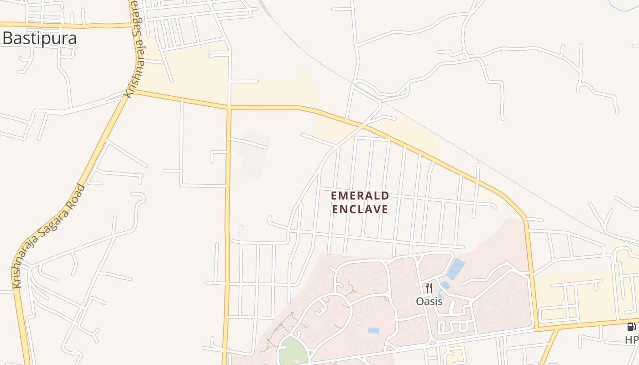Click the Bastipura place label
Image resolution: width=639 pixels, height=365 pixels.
tap(39, 38)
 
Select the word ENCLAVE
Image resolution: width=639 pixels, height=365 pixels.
tap(360, 209)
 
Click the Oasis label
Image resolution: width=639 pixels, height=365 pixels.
tap(429, 302)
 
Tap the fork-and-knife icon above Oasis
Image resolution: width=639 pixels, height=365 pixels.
tap(429, 288)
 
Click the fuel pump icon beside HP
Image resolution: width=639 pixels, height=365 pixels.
tap(631, 326)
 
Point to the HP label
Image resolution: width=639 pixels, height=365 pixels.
tap(632, 340)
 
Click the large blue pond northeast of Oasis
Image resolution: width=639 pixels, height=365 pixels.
tap(456, 269)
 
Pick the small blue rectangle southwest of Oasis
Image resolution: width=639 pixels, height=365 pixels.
tap(373, 330)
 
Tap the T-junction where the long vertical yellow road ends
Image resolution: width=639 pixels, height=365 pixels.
tap(229, 109)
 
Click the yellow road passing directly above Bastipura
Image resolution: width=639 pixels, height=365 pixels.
tap(68, 25)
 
